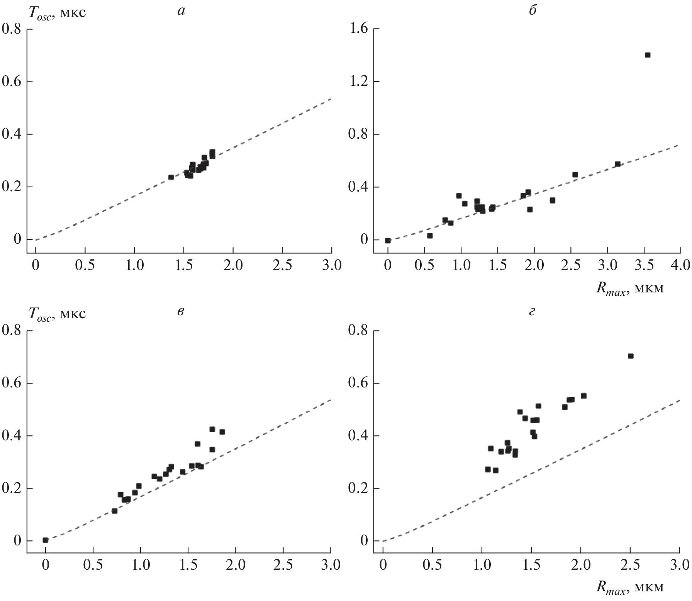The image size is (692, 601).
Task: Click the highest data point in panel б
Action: (648, 55)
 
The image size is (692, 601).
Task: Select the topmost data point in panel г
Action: (631, 356)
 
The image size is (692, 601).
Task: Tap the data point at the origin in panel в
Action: (45, 540)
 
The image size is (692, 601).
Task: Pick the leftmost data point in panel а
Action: (171, 177)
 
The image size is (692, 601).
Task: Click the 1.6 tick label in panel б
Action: (358, 29)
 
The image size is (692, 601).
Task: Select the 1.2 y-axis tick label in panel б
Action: (358, 82)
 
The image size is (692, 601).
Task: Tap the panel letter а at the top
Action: (181, 11)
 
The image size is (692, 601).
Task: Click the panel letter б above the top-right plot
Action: (532, 10)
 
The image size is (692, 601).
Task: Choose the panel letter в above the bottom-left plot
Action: (180, 312)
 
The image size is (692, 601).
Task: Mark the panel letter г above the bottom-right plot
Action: (532, 312)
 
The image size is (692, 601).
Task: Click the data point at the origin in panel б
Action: (388, 240)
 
